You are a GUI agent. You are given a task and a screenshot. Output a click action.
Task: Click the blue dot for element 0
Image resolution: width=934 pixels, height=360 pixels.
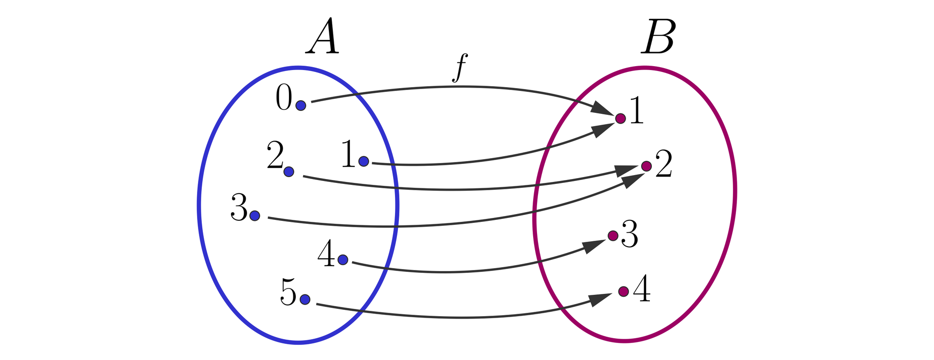[301, 105]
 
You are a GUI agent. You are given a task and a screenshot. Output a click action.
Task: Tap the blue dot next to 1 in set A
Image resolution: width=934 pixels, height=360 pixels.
[363, 161]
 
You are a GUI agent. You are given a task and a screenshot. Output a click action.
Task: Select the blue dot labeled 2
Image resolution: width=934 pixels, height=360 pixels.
[288, 171]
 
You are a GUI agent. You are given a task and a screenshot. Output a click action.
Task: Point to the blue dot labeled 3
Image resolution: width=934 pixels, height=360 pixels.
[254, 216]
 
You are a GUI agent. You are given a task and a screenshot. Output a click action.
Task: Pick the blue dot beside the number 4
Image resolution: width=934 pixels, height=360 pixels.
[342, 260]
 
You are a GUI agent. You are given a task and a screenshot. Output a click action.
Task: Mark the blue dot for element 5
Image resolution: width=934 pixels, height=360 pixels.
[305, 299]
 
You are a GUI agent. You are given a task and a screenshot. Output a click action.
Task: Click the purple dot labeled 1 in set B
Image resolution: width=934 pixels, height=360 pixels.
[620, 118]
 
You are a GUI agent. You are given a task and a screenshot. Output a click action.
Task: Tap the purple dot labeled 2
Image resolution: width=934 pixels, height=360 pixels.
[646, 166]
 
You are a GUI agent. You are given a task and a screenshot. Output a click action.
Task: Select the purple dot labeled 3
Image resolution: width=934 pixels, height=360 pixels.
[613, 236]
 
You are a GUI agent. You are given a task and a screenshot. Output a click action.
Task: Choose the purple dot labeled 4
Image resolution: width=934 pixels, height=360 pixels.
[623, 291]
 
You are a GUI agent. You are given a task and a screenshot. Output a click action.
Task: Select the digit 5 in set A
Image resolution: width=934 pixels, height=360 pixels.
[288, 293]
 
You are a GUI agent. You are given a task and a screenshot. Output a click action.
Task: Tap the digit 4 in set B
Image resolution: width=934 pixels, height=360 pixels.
[642, 289]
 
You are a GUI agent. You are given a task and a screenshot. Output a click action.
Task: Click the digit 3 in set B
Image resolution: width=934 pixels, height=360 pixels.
[630, 234]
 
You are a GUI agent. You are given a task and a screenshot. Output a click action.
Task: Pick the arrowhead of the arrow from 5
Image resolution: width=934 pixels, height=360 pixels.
[599, 299]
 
